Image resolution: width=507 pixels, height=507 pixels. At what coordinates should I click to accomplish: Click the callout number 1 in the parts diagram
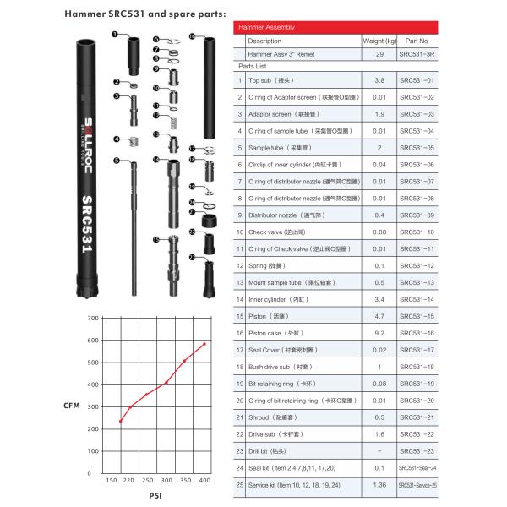click(113, 34)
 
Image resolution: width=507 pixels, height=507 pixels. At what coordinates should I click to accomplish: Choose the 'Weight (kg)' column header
click(379, 41)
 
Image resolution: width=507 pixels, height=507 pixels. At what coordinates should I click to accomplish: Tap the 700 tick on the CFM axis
click(94, 319)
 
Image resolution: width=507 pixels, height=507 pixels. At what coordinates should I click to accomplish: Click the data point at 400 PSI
click(204, 344)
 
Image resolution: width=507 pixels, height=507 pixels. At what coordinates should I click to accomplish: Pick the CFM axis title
click(72, 406)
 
